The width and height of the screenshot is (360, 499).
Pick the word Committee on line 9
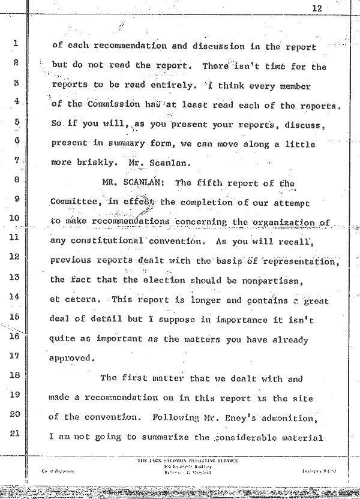pos(76,203)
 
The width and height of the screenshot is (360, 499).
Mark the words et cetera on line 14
pos(70,300)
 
